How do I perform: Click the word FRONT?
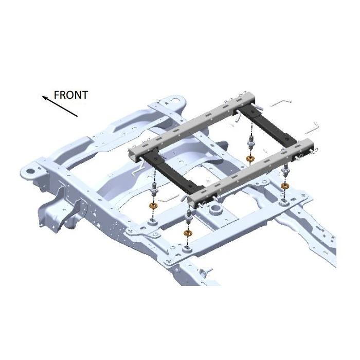(71, 95)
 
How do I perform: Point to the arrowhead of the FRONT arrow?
(44, 98)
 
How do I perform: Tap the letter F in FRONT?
(57, 95)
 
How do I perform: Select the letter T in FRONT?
(84, 95)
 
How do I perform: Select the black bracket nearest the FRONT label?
(174, 172)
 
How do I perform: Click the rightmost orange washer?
(285, 186)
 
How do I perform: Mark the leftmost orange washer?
(153, 206)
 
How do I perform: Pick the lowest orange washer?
(188, 233)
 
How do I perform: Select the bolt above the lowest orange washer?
(189, 218)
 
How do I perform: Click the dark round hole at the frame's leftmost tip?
(29, 171)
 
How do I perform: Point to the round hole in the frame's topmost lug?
(175, 101)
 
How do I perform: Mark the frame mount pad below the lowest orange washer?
(187, 249)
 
